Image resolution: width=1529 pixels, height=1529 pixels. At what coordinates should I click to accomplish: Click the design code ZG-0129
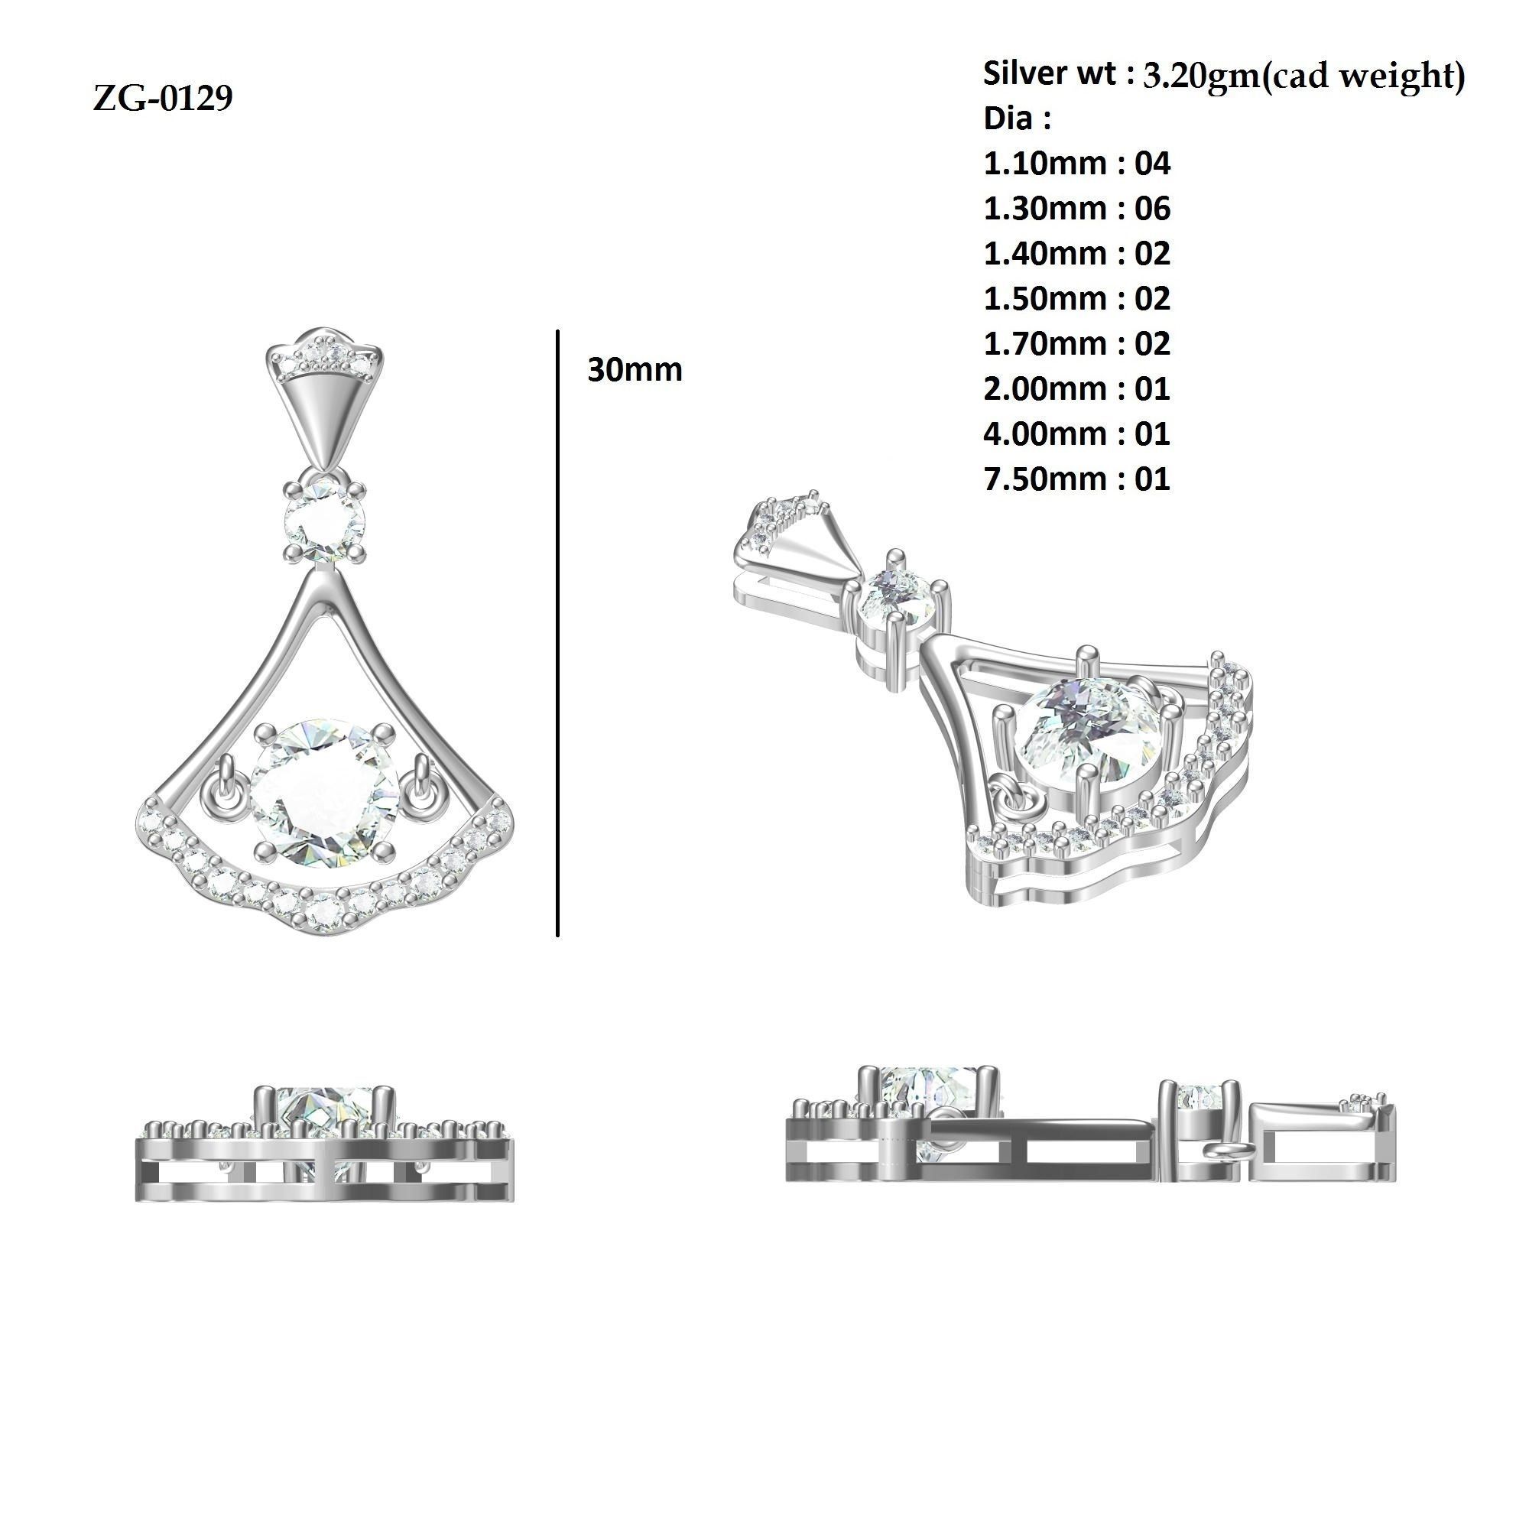162,99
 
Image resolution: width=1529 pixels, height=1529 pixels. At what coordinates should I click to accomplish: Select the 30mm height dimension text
634,370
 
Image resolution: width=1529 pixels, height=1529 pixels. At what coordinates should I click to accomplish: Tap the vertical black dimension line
558,633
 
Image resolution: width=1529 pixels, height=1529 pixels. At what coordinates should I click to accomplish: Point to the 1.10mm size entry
1047,164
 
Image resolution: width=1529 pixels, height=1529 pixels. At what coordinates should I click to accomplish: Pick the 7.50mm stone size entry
1047,479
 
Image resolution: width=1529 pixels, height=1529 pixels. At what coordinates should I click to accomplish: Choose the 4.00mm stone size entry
1047,433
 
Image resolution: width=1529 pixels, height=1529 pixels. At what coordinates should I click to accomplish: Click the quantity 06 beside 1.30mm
1151,209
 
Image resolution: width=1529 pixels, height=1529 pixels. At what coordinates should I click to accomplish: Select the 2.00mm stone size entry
1047,388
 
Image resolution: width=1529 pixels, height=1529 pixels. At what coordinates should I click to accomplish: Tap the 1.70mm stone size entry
1047,343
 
